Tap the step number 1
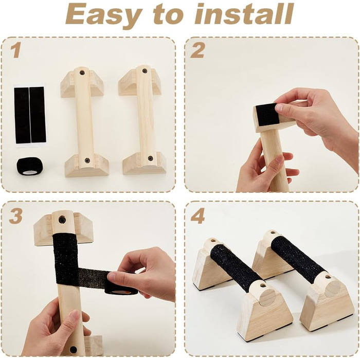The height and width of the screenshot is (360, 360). [16, 51]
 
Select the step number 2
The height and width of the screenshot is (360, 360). [197, 51]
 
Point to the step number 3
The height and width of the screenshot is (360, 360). [16, 216]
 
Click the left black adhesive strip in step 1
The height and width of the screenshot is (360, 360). [22, 115]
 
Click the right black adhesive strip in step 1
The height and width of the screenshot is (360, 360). [38, 114]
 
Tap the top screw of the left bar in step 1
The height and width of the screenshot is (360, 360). [82, 73]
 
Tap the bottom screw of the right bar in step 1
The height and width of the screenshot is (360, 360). [150, 158]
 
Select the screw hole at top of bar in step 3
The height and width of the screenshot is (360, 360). [62, 220]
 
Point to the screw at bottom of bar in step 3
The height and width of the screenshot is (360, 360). [74, 350]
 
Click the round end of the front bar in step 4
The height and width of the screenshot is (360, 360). [267, 297]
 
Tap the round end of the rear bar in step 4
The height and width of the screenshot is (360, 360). [332, 287]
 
